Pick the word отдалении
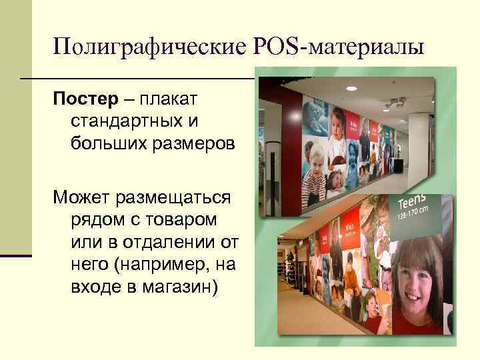(x=173, y=241)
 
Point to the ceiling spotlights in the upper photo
(x=395, y=103)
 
